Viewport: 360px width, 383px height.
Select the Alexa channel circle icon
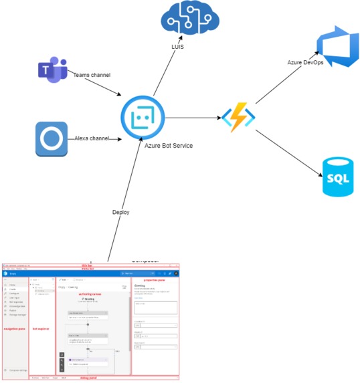click(x=52, y=139)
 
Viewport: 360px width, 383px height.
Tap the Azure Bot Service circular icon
click(x=143, y=117)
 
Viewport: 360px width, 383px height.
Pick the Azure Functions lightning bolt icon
click(x=238, y=118)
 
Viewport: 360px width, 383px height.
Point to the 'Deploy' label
click(x=121, y=212)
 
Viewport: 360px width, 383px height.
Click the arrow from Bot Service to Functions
click(x=194, y=118)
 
